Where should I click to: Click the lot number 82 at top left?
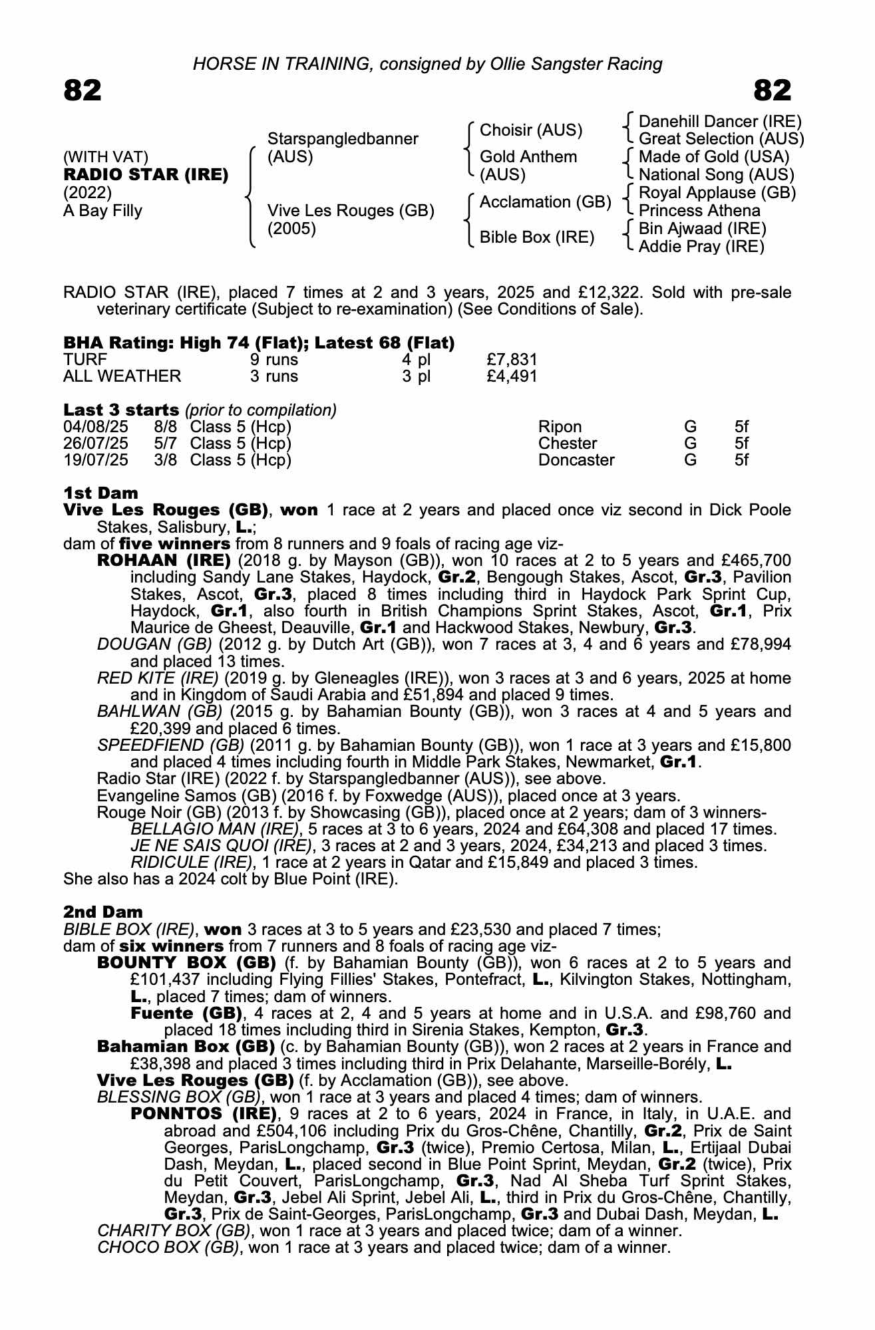tap(83, 90)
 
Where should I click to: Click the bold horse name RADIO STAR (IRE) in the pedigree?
tap(146, 175)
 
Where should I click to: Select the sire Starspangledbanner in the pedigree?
tap(343, 139)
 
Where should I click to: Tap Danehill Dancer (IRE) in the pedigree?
tap(720, 122)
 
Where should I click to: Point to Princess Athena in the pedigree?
tap(699, 211)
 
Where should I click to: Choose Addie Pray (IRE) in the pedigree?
tap(701, 247)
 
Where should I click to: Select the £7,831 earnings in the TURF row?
tap(512, 360)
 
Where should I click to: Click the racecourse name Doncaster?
tap(576, 460)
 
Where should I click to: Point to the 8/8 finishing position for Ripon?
tap(165, 427)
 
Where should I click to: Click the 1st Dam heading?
tap(100, 493)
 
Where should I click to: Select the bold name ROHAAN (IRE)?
tap(164, 561)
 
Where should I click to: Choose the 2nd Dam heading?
tap(102, 912)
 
